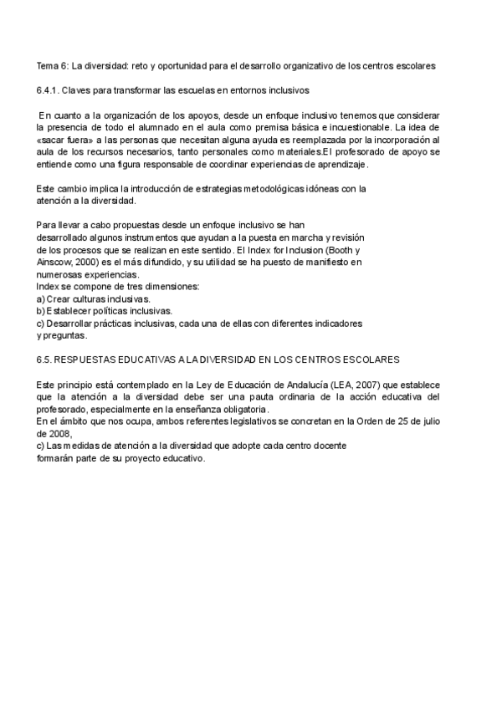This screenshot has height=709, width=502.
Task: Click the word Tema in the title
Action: coord(47,65)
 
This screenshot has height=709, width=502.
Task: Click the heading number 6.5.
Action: coord(44,360)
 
